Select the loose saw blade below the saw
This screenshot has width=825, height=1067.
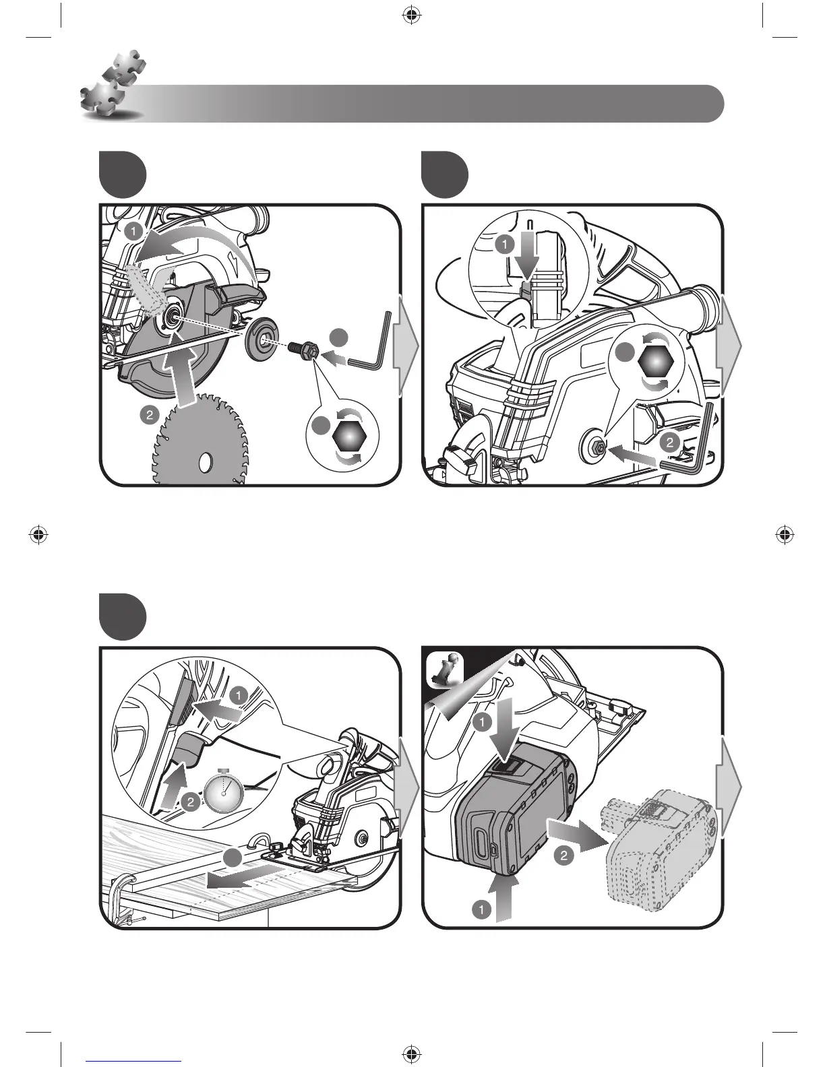tap(201, 445)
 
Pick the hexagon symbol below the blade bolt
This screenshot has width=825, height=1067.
tap(348, 438)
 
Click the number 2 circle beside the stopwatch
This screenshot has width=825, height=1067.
tap(191, 802)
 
